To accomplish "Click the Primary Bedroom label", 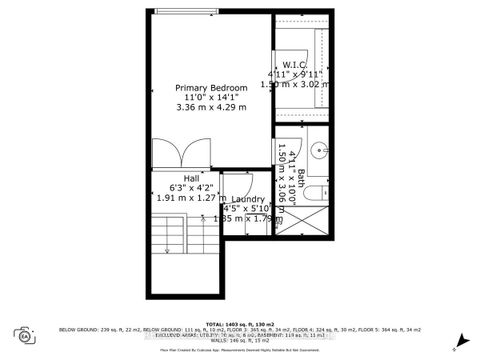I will click(212, 88).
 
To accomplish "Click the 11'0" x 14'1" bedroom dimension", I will click(211, 99).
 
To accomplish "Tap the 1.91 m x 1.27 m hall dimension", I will click(187, 197).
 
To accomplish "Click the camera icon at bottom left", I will click(22, 334).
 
